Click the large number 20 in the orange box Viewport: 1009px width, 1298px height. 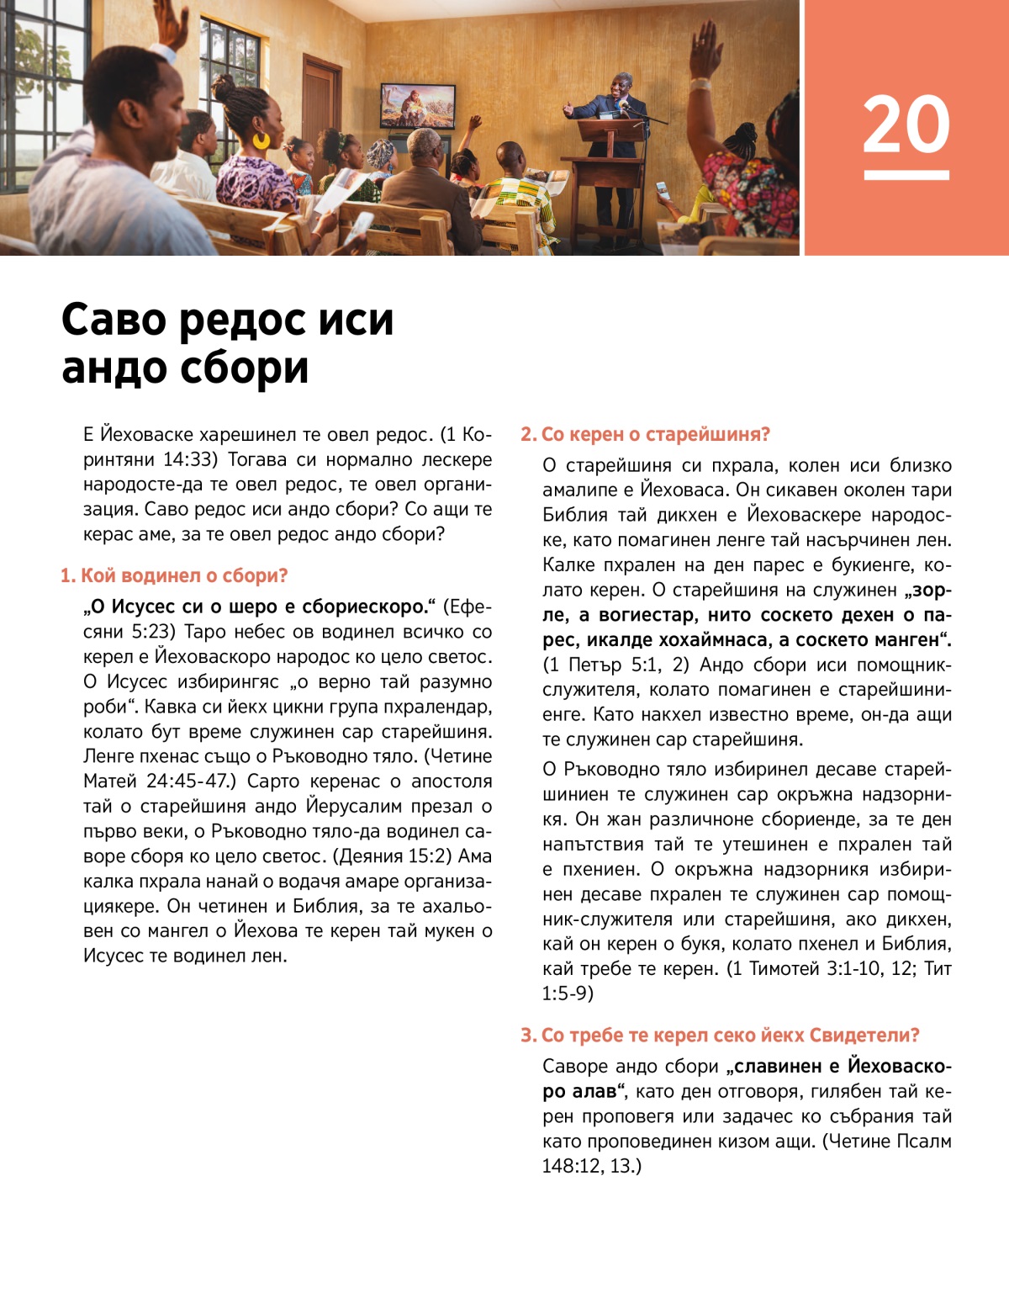pyautogui.click(x=906, y=125)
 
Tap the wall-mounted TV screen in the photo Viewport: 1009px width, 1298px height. pyautogui.click(x=418, y=105)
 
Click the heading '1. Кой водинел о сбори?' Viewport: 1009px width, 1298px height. pyautogui.click(x=174, y=576)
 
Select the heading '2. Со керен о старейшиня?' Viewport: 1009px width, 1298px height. pyautogui.click(x=645, y=435)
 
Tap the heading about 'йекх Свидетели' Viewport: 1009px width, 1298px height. pyautogui.click(x=720, y=1036)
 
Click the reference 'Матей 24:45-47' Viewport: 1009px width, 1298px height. pyautogui.click(x=156, y=781)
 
